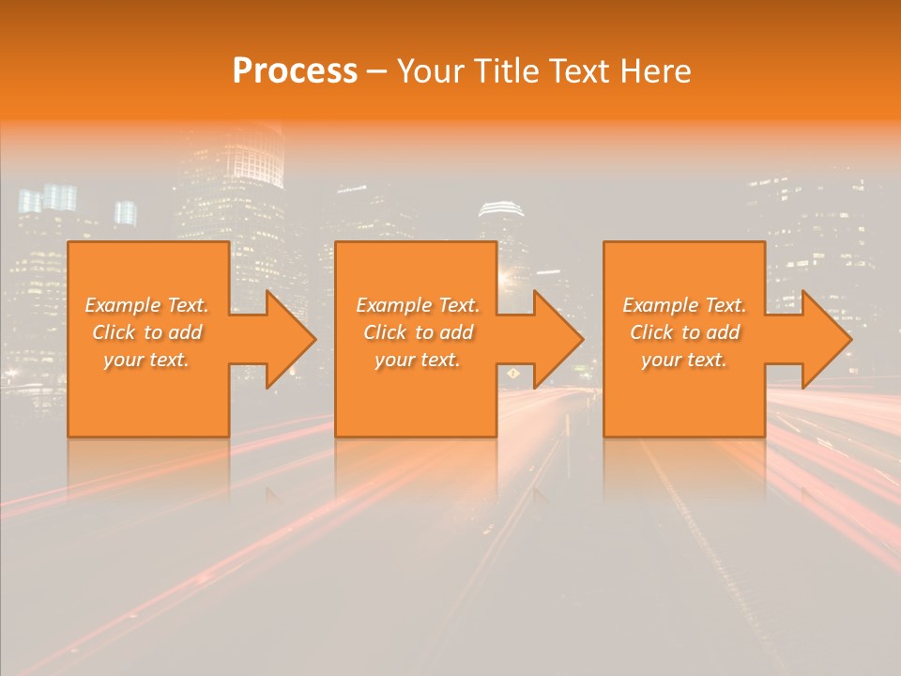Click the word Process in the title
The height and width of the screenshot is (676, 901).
point(295,71)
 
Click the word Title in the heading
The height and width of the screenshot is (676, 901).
point(512,71)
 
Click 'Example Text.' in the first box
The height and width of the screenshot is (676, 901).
point(146,305)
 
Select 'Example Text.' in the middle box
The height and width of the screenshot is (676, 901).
point(418,305)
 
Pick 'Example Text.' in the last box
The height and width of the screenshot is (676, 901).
point(684,305)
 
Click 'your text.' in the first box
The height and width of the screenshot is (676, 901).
point(146,360)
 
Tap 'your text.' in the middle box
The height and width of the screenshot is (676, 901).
point(418,360)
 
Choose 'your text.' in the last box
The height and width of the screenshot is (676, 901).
point(684,360)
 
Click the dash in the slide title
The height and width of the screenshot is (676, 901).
point(376,72)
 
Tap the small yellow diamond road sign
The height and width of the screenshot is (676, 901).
point(513,374)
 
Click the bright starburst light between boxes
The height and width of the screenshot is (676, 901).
point(510,274)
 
